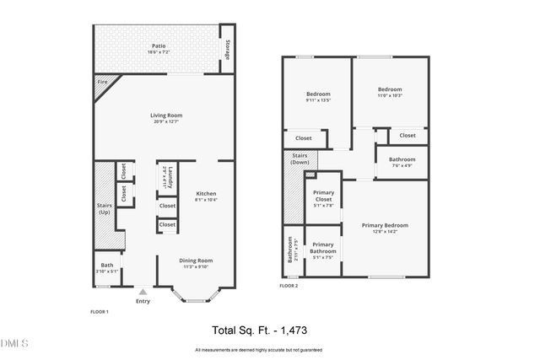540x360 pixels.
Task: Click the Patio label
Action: click(x=158, y=46)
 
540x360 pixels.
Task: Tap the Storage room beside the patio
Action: click(x=227, y=50)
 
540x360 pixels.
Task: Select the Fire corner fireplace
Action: click(x=102, y=83)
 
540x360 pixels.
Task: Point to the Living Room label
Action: click(x=166, y=116)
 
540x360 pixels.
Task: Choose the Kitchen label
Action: click(x=206, y=193)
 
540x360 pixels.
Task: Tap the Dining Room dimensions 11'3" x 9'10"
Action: click(x=195, y=266)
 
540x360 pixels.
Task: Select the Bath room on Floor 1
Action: click(x=107, y=268)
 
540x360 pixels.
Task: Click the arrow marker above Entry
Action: click(x=142, y=291)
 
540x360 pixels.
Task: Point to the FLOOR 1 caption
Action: click(x=100, y=312)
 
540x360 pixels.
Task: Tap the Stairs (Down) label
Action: click(x=299, y=159)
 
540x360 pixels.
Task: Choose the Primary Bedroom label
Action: click(x=385, y=225)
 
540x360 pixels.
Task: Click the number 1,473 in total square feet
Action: click(x=316, y=330)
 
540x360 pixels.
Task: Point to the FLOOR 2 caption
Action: click(x=289, y=287)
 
